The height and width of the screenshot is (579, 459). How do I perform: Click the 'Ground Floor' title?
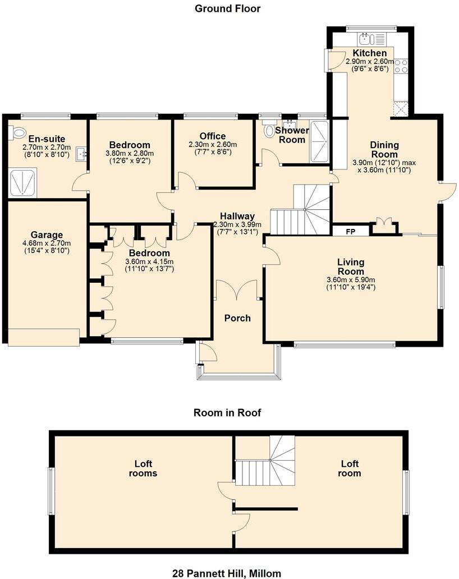coord(227,8)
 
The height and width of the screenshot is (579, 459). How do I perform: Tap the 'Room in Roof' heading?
coord(227,413)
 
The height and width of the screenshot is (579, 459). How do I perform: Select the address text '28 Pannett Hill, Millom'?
coord(227,573)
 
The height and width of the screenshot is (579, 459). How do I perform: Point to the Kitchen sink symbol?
coord(366,39)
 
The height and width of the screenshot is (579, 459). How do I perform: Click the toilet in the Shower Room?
coord(269,130)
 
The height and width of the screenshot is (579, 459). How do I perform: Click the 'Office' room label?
coord(213,136)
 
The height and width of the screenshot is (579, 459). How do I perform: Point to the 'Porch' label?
coord(237,318)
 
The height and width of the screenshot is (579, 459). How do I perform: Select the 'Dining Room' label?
coord(384,150)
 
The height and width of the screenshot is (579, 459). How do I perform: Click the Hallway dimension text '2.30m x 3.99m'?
coord(237,224)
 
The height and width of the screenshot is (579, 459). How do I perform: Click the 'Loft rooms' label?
coord(143,468)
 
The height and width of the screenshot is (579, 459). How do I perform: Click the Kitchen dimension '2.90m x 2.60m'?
coord(366,61)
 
